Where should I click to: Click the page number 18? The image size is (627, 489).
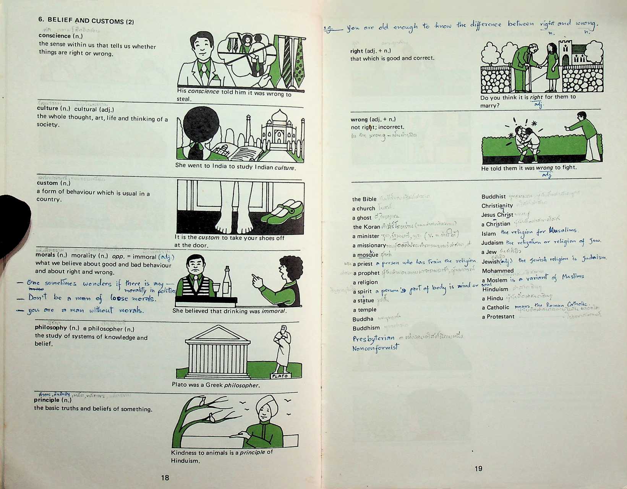pos(165,478)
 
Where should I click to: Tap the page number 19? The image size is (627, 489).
pos(478,468)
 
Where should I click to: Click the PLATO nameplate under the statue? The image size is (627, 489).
pos(280,376)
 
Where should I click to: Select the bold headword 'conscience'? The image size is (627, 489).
pos(55,36)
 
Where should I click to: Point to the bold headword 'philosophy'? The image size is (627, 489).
pos(51,327)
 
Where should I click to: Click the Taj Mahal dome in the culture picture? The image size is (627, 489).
pos(279,116)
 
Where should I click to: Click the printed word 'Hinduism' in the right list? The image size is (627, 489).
pos(495,289)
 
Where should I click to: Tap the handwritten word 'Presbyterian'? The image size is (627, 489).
pos(373,338)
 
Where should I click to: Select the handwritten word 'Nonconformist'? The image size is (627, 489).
pos(375,348)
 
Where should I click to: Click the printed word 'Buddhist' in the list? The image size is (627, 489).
pos(493,197)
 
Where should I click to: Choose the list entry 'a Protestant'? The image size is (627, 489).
pos(498,317)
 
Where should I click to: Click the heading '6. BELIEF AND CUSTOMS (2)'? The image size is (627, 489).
pos(86,21)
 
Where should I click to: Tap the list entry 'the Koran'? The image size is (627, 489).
pos(366,227)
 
